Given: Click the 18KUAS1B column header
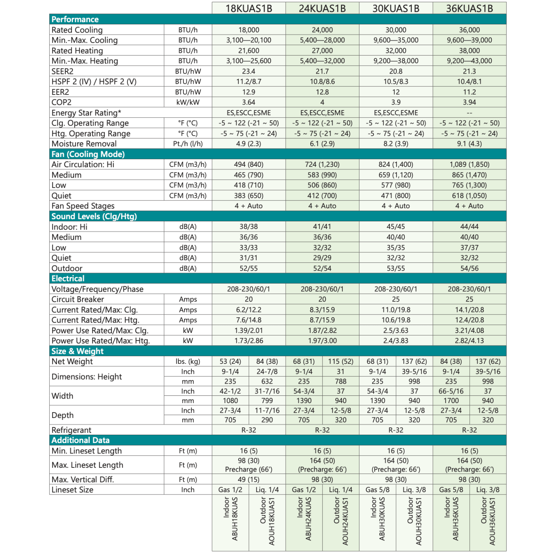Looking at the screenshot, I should pyautogui.click(x=248, y=8).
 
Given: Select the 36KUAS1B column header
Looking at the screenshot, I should pyautogui.click(x=469, y=8).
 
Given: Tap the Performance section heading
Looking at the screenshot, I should pyautogui.click(x=75, y=19).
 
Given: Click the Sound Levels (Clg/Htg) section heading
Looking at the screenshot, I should pyautogui.click(x=94, y=216).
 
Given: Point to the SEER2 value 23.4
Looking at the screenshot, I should pyautogui.click(x=248, y=71).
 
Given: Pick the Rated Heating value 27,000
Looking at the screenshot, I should pyautogui.click(x=322, y=51).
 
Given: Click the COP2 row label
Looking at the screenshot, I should pyautogui.click(x=62, y=103).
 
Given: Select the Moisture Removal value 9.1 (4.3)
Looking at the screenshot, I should pyautogui.click(x=469, y=144).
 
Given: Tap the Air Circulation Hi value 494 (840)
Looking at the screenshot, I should pyautogui.click(x=248, y=164).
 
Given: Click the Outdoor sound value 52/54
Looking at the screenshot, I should pyautogui.click(x=322, y=268).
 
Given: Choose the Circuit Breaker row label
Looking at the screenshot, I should pyautogui.click(x=78, y=299).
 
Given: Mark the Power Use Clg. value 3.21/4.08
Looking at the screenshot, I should pyautogui.click(x=469, y=330).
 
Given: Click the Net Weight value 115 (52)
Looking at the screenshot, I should pyautogui.click(x=341, y=361).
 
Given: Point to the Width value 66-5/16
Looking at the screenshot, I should pyautogui.click(x=451, y=391).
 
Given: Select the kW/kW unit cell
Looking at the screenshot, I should pyautogui.click(x=188, y=103).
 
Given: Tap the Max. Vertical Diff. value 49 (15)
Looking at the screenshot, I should pyautogui.click(x=248, y=480).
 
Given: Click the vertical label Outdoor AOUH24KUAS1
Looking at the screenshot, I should pyautogui.click(x=341, y=521).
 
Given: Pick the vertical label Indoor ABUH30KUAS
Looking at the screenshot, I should pyautogui.click(x=378, y=519).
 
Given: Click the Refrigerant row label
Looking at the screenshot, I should pyautogui.click(x=71, y=430).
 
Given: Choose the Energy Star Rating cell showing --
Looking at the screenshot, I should pyautogui.click(x=469, y=113).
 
